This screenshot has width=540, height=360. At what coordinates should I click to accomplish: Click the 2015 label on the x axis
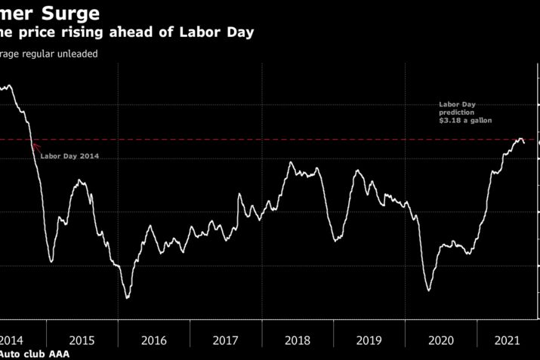point(82,340)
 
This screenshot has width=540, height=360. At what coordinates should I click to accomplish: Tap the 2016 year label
point(153,340)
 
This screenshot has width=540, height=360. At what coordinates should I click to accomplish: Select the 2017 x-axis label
point(226,340)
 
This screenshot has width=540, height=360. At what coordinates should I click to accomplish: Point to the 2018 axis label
point(298,340)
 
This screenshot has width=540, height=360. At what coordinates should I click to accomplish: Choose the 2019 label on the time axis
point(369,340)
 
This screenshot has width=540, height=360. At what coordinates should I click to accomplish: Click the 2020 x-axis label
point(441,340)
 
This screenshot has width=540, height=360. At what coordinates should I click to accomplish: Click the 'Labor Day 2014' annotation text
point(69,156)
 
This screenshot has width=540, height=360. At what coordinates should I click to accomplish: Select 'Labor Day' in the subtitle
point(226,32)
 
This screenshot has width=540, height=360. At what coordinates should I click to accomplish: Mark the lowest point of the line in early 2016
point(127,298)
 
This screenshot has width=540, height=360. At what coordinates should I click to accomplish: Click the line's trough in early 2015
point(51,262)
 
